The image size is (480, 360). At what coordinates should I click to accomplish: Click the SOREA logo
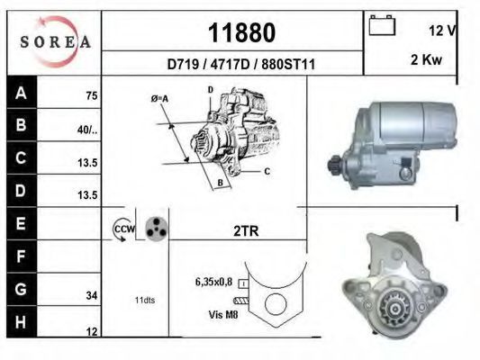[56, 41]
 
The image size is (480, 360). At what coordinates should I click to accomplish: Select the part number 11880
[241, 32]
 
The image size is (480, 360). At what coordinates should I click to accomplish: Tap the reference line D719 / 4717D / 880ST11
[241, 64]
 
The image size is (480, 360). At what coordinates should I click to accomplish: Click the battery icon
[382, 25]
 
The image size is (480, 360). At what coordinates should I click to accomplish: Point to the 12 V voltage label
[442, 30]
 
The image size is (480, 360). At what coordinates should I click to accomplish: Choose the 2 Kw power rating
[427, 59]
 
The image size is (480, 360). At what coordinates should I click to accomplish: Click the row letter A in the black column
[21, 93]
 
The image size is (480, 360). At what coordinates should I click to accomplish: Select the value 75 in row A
[92, 95]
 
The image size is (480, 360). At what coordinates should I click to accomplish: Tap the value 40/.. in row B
[87, 130]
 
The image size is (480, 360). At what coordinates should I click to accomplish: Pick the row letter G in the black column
[21, 289]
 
